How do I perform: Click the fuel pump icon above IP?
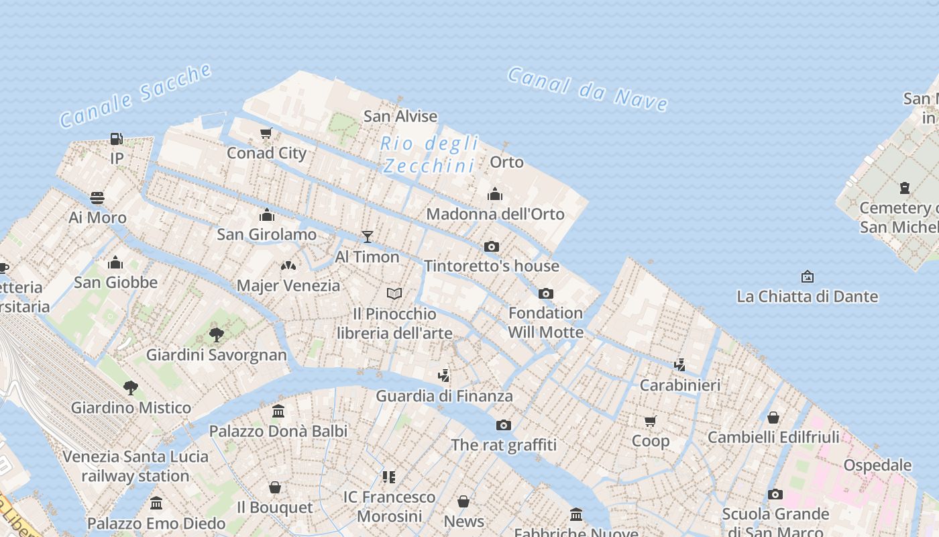(x=117, y=139)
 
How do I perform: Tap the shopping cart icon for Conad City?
(x=266, y=134)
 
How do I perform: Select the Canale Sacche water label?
(x=136, y=95)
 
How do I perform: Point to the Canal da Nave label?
(x=588, y=89)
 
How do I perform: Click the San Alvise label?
(x=400, y=116)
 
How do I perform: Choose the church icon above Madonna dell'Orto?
(x=495, y=194)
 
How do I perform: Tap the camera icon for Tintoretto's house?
(x=492, y=246)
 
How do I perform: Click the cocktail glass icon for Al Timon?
(x=367, y=236)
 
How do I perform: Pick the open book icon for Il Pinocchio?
(x=394, y=293)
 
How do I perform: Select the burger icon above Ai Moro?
(x=97, y=197)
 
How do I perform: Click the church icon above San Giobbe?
(x=115, y=262)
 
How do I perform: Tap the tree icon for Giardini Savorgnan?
(x=216, y=334)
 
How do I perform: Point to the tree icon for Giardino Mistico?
(x=131, y=387)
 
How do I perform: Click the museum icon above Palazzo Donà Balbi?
(x=278, y=411)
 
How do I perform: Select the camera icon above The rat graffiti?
(x=504, y=425)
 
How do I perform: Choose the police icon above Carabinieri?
(x=679, y=364)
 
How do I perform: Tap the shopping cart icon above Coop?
(x=650, y=421)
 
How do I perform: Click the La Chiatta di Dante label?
(x=807, y=296)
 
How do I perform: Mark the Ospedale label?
(x=877, y=465)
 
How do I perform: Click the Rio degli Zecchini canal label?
(x=430, y=154)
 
